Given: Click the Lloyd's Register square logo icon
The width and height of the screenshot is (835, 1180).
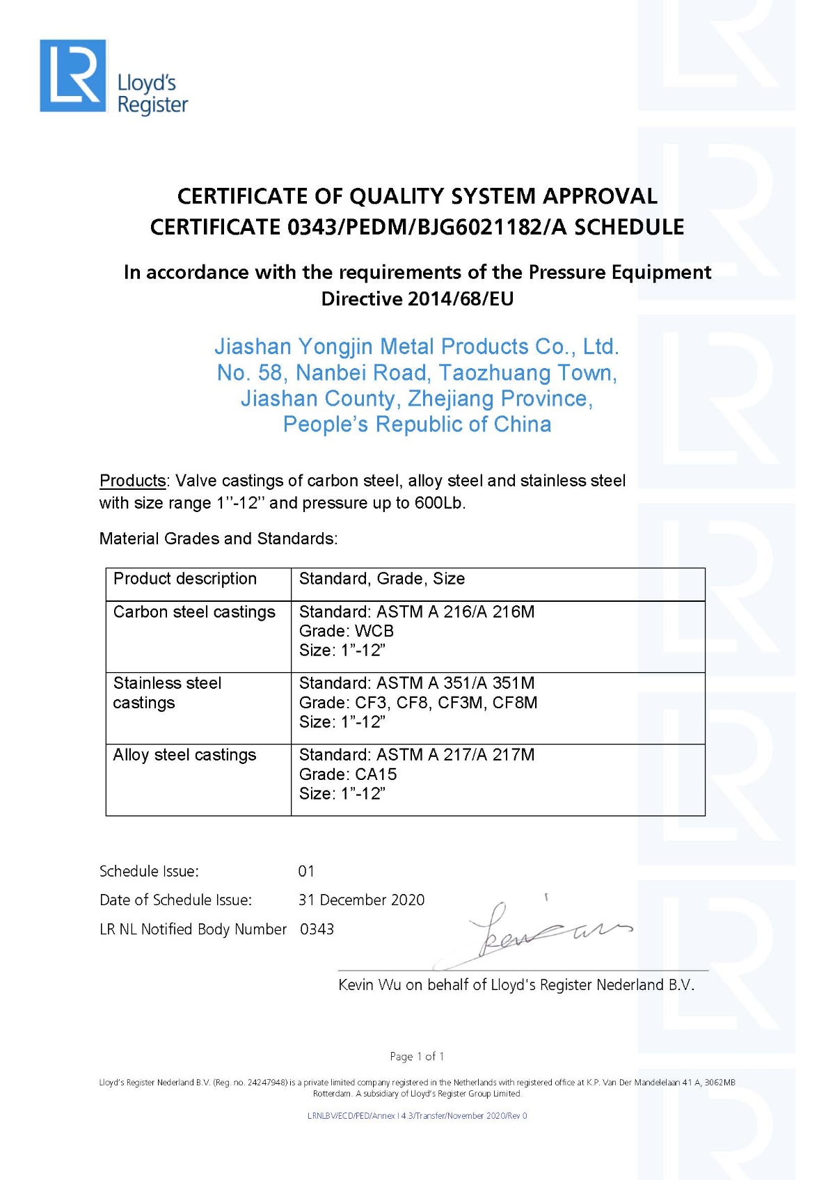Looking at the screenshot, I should tap(73, 75).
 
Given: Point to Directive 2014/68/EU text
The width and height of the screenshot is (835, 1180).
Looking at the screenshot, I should tap(417, 299).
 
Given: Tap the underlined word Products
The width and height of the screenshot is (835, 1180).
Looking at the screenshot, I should tap(132, 481).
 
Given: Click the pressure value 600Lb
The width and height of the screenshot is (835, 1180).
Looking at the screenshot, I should tap(438, 503).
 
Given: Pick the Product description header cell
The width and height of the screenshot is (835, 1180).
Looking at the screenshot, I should tap(185, 579).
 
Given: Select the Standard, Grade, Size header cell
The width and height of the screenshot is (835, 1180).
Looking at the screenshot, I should tap(381, 579).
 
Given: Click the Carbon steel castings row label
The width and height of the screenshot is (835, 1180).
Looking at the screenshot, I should tap(194, 612).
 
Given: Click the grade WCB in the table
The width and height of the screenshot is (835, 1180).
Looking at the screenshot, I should tap(374, 631).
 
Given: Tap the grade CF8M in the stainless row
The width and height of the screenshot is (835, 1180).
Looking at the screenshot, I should tap(515, 703).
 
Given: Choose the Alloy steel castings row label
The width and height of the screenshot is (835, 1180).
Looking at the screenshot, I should tap(184, 755).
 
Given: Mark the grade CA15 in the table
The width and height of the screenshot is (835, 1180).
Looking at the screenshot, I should tap(376, 774).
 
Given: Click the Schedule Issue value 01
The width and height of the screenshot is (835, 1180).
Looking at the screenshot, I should tap(306, 871).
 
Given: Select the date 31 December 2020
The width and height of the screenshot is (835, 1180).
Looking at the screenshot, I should tap(361, 900).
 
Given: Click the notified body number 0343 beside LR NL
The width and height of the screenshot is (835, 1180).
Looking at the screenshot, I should tap(317, 930).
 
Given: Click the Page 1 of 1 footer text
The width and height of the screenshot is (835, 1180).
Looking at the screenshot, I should tap(417, 1056).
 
